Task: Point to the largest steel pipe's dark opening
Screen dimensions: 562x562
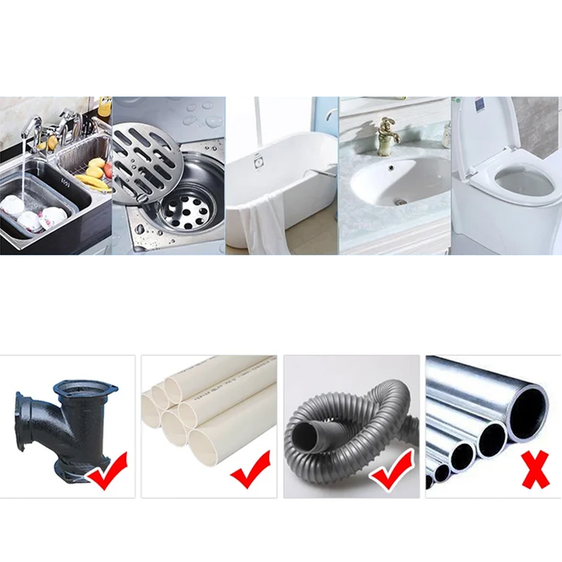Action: coord(527,412)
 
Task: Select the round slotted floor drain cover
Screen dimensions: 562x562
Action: coord(145,153)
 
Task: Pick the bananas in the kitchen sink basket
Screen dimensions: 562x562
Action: coord(94,180)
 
